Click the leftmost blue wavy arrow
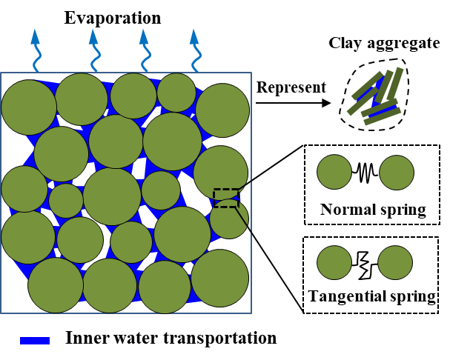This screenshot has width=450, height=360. click(36, 50)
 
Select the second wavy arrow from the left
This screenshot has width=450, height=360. click(94, 50)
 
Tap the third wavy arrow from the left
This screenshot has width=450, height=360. click(145, 50)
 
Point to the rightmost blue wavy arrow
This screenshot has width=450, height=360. click(195, 50)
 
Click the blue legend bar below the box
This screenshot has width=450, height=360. click(35, 341)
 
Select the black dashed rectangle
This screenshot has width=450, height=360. click(226, 198)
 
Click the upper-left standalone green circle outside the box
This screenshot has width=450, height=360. click(334, 172)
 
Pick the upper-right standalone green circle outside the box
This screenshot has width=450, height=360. click(397, 173)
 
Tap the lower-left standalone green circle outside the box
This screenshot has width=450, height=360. click(334, 263)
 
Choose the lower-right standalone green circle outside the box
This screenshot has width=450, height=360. click(395, 263)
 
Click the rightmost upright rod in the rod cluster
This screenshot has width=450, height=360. click(396, 83)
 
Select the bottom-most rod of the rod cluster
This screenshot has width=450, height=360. click(383, 116)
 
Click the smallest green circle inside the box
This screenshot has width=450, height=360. click(66, 201)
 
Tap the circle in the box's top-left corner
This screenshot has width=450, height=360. click(29, 107)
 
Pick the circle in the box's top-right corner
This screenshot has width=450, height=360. click(222, 110)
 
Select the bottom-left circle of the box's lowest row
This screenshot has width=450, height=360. click(56, 285)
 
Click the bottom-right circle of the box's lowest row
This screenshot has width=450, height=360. click(219, 278)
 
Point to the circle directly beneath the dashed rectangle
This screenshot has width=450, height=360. click(228, 220)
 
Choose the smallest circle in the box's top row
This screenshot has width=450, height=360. click(176, 93)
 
